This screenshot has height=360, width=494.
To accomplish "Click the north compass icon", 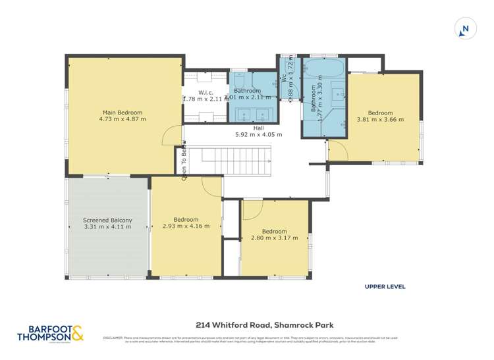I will click(x=465, y=28).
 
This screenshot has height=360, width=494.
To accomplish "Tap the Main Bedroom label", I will click(x=122, y=113).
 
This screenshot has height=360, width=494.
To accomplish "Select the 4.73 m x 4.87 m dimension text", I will click(x=122, y=120).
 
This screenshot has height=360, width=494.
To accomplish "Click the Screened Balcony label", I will click(x=107, y=220).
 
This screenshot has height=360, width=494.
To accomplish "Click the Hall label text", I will click(x=258, y=128).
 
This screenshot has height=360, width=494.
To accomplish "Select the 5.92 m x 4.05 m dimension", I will click(x=258, y=135).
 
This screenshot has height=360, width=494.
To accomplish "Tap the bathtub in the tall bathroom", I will click(x=323, y=69).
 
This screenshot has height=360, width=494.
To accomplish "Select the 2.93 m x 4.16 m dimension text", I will click(x=186, y=226).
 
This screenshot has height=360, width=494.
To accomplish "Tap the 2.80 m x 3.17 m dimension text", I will click(x=274, y=238).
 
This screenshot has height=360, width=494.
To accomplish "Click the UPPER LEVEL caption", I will click(x=385, y=286).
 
